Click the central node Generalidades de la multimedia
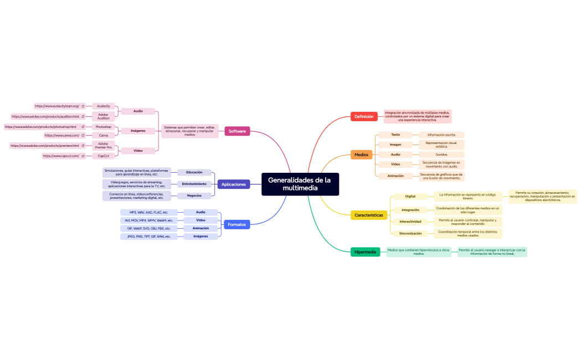point(300,184)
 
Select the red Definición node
point(364,116)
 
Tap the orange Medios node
point(361,155)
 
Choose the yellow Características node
point(368,215)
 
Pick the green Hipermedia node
point(365,252)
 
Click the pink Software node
point(237,131)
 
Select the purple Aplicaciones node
point(233,184)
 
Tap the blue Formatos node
point(237,224)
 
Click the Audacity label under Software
point(104,106)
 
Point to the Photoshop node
point(104,127)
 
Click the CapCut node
point(104,156)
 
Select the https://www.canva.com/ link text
point(61,135)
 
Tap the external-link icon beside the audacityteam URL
point(83,106)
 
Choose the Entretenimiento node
point(194,184)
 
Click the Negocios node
point(194,196)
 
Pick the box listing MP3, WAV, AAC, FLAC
point(148,212)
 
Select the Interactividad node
point(410,222)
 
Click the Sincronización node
point(410,234)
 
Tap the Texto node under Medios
point(395,135)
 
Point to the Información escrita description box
point(441,135)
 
